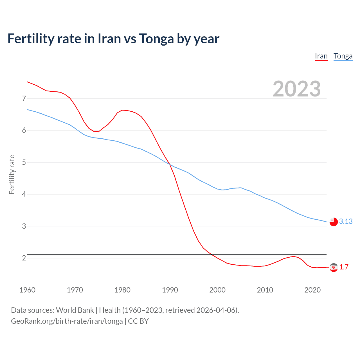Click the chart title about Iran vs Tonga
(x=113, y=39)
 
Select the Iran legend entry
(x=321, y=56)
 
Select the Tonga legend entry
(x=343, y=56)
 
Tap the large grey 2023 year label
(x=297, y=89)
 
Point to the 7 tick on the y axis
(x=24, y=98)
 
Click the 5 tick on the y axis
(x=24, y=162)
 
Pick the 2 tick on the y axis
(x=24, y=258)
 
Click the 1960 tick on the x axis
(x=27, y=290)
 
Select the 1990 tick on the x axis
(x=170, y=290)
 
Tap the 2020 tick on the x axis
(x=312, y=290)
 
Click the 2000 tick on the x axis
(x=217, y=290)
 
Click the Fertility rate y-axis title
(x=12, y=174)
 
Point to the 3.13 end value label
(x=346, y=222)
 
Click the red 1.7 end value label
(x=344, y=267)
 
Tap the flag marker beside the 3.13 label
(x=334, y=222)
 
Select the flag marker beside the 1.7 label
(x=334, y=267)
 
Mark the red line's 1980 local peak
(x=122, y=110)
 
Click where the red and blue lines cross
(x=169, y=164)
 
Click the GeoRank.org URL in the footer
(x=67, y=321)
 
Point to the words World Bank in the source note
(x=75, y=310)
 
